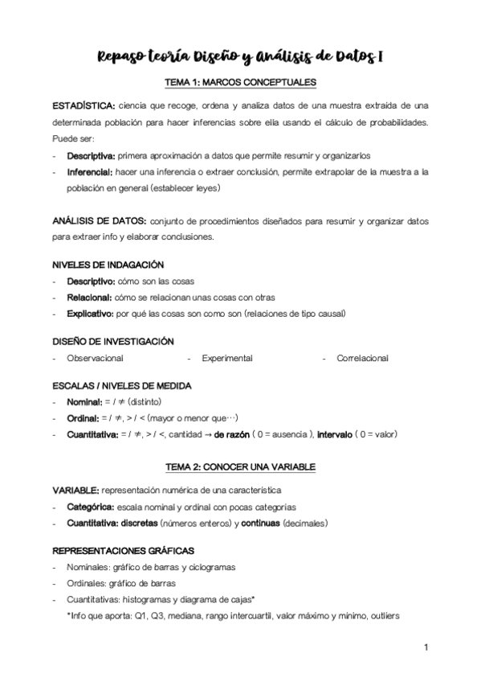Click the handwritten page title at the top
(x=239, y=55)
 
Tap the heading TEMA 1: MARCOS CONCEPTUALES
(x=239, y=82)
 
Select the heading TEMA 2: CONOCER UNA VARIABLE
(x=240, y=466)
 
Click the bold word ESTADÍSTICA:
(x=82, y=105)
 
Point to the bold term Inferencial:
(x=90, y=171)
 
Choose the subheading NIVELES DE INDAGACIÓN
(x=108, y=265)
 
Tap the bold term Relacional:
(x=89, y=297)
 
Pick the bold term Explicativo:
(x=90, y=313)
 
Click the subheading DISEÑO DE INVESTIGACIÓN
(x=112, y=342)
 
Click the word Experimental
(x=227, y=358)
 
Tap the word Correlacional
(x=362, y=358)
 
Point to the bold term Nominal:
(x=84, y=402)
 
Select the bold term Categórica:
(x=89, y=507)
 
